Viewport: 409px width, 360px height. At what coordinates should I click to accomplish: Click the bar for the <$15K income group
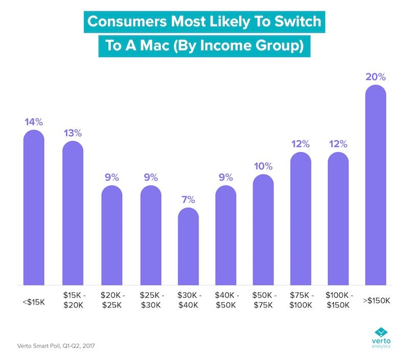tap(34, 209)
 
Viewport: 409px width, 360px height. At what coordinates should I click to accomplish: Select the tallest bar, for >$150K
tap(375, 186)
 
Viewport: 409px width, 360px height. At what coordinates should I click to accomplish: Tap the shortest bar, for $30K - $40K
tap(188, 248)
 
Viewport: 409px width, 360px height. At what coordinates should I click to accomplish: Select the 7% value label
tap(188, 199)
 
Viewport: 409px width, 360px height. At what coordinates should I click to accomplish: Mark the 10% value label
tap(263, 166)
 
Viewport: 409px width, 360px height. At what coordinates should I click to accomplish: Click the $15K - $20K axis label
tap(73, 301)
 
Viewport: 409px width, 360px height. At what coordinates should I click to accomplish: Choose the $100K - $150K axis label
tap(338, 301)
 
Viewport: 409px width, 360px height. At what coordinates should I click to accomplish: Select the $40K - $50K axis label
tap(225, 301)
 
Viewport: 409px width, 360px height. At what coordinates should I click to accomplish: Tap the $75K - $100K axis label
tap(300, 301)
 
